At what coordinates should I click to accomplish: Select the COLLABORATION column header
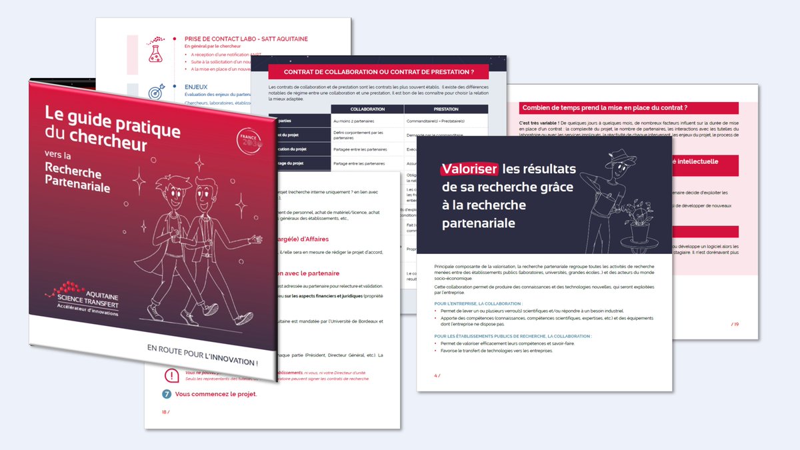tap(367, 109)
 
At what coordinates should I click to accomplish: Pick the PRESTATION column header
tap(445, 109)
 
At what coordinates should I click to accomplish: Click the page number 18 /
tap(166, 411)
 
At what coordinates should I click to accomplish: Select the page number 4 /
tap(437, 376)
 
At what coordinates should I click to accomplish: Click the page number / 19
tap(735, 324)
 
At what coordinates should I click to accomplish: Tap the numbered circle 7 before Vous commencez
tap(167, 394)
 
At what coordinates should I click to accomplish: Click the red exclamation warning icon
tap(171, 375)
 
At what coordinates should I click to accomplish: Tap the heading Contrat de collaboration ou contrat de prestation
tap(379, 72)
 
